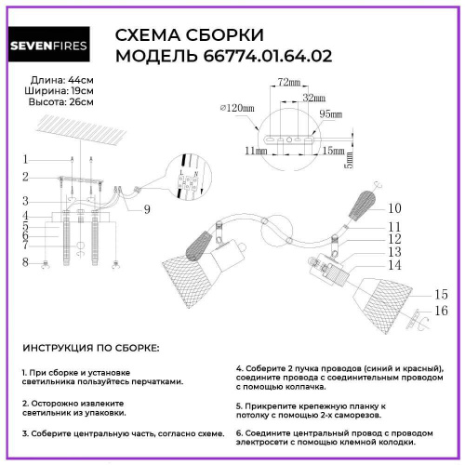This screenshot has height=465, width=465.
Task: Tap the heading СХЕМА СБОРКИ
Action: [x=188, y=35]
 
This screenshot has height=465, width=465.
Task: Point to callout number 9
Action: [x=147, y=208]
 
